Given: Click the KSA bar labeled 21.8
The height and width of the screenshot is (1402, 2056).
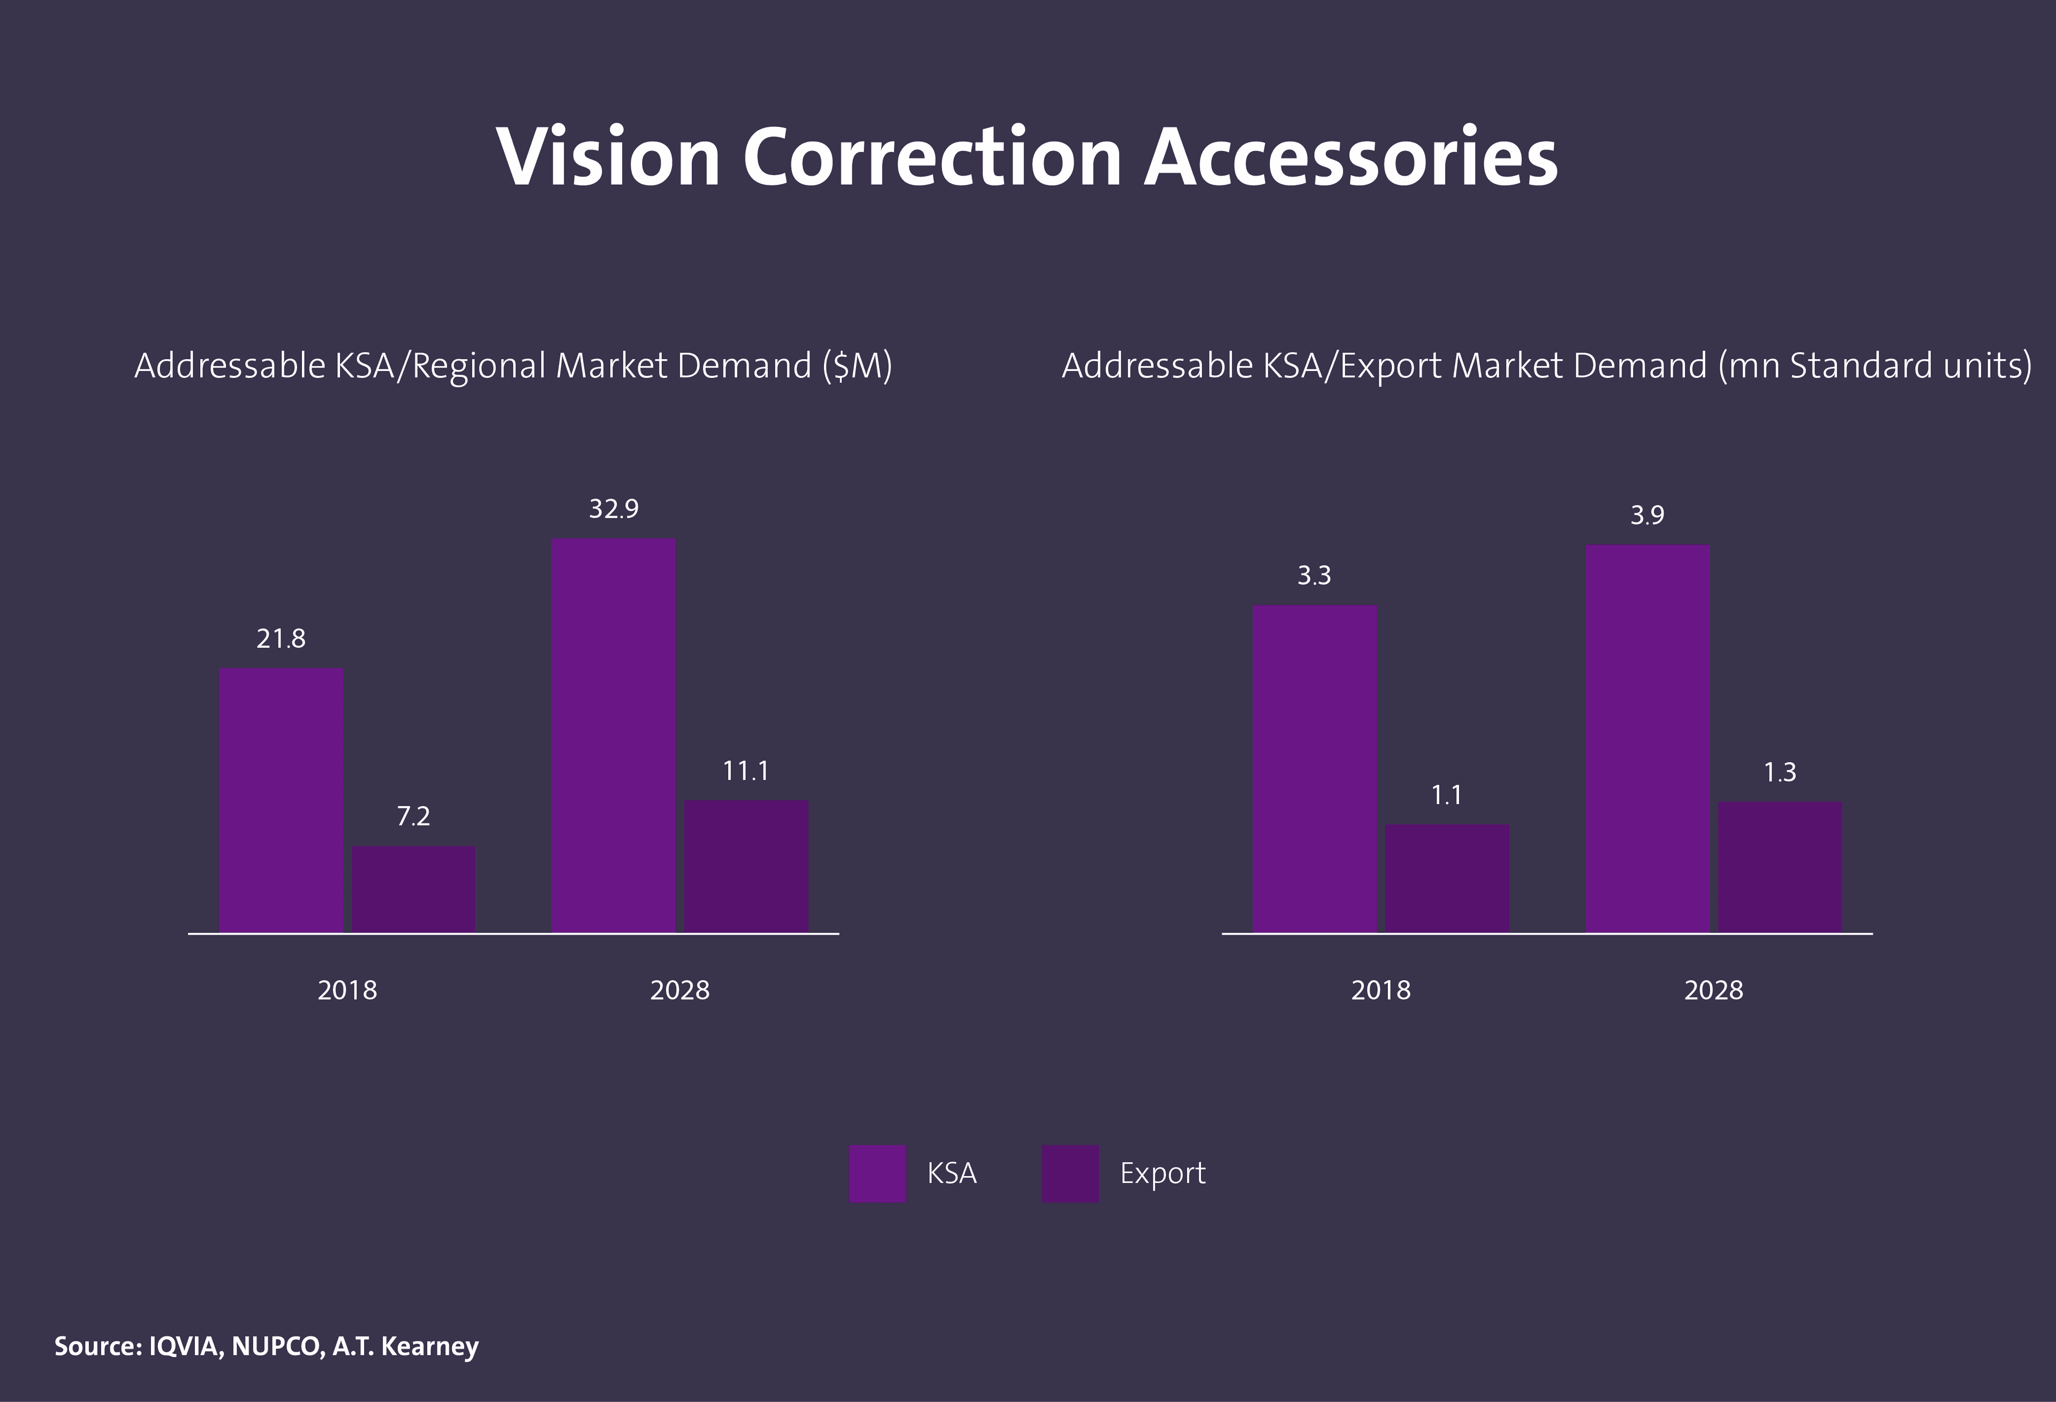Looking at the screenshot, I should (281, 800).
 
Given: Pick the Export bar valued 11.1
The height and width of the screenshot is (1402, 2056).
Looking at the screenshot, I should (746, 866).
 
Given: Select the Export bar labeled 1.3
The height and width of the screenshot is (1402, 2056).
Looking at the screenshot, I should (1780, 867).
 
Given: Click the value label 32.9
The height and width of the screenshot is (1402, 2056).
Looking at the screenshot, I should (613, 509).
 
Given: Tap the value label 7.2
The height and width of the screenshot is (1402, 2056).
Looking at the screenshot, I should (413, 815).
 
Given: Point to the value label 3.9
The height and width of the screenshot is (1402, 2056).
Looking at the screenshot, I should (1647, 515).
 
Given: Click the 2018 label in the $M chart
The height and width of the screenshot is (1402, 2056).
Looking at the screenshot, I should (347, 990).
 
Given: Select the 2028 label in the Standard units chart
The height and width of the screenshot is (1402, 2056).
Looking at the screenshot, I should (1714, 990).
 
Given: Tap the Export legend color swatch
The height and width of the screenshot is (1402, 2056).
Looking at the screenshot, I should (1070, 1173).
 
